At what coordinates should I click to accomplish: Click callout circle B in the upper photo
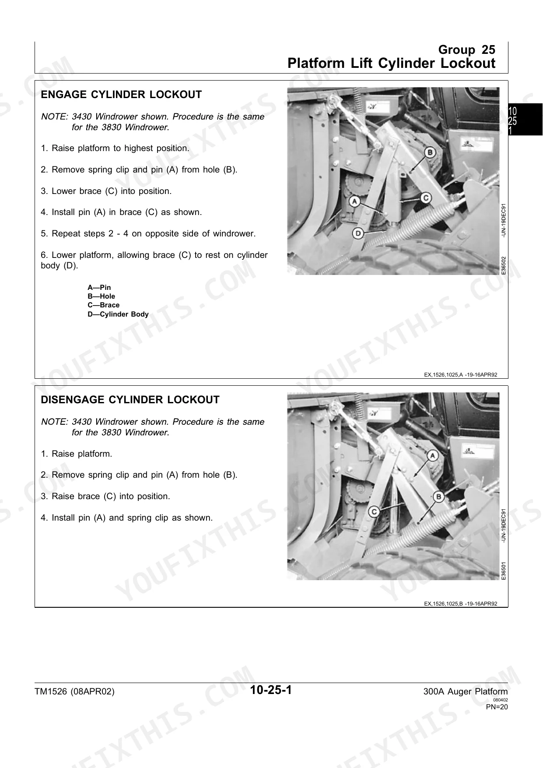pyautogui.click(x=430, y=152)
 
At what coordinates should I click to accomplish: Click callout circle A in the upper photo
pyautogui.click(x=354, y=202)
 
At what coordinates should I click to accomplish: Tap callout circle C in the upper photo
pyautogui.click(x=426, y=198)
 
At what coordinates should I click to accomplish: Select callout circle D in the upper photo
pyautogui.click(x=358, y=233)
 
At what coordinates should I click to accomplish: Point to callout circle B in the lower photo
pyautogui.click(x=438, y=497)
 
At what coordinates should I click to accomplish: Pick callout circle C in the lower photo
pyautogui.click(x=374, y=511)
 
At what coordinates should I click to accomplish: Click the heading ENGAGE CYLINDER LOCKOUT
pyautogui.click(x=121, y=95)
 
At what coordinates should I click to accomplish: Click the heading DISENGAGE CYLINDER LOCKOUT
pyautogui.click(x=130, y=400)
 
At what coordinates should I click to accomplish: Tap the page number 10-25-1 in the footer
pyautogui.click(x=271, y=690)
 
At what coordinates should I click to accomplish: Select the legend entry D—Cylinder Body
pyautogui.click(x=118, y=314)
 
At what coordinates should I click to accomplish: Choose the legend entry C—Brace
pyautogui.click(x=103, y=305)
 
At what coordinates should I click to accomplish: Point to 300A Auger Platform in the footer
pyautogui.click(x=466, y=692)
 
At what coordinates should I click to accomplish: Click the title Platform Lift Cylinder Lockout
pyautogui.click(x=392, y=63)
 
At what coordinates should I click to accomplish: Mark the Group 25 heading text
pyautogui.click(x=467, y=49)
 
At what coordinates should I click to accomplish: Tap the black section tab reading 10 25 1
pyautogui.click(x=525, y=120)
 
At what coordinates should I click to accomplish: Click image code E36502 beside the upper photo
pyautogui.click(x=504, y=265)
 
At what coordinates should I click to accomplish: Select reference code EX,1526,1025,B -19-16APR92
pyautogui.click(x=460, y=603)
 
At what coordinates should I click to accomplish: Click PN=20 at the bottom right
pyautogui.click(x=497, y=706)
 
